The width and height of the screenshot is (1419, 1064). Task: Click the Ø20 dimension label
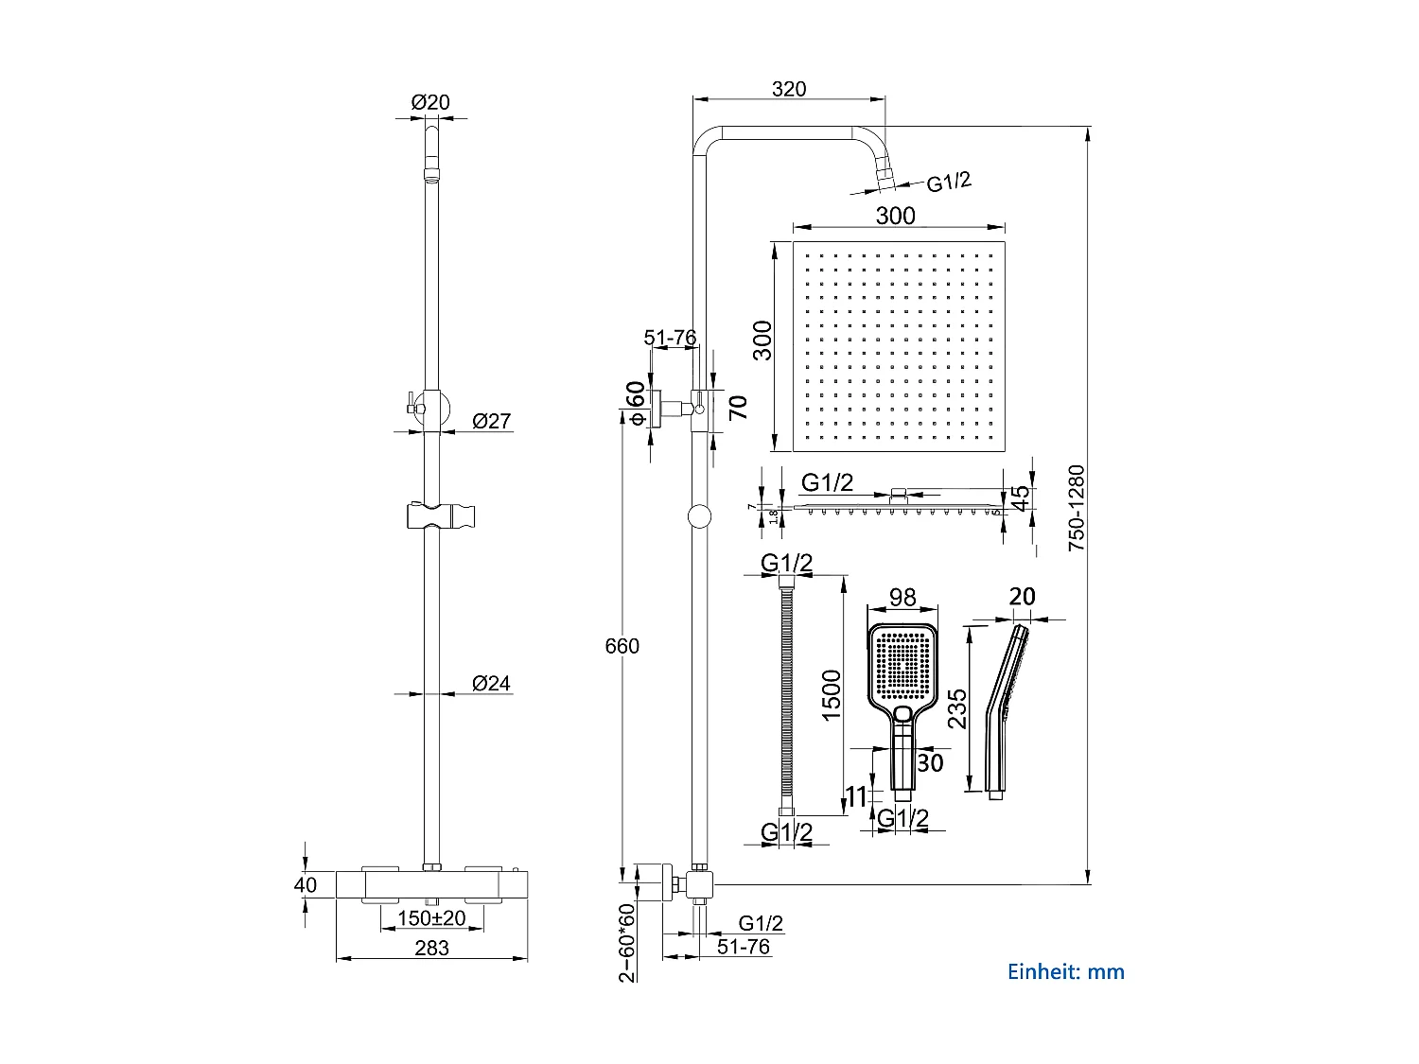430,102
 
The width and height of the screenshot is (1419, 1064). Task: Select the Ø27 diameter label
491,421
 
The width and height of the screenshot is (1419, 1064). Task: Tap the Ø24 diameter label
491,683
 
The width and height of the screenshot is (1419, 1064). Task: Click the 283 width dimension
431,948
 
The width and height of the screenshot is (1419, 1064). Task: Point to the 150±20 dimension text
431,918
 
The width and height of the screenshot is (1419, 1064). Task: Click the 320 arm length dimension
789,89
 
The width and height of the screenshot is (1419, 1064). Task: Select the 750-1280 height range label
1077,508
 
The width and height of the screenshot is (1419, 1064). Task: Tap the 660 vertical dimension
622,646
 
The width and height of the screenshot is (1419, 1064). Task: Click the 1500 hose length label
832,695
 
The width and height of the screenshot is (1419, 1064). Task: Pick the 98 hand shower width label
902,597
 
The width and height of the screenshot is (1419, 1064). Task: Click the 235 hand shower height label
957,708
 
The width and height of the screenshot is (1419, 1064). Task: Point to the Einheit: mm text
1065,971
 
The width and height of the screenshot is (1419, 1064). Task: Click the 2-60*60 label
627,943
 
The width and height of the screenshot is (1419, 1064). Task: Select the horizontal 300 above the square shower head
895,216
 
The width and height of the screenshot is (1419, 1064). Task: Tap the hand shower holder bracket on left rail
440,516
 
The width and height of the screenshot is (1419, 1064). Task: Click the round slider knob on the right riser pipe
699,515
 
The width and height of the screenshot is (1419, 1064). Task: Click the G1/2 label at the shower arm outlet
948,182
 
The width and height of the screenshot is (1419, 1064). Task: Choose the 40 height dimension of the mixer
306,885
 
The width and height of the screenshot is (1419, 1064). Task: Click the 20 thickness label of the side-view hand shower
1022,597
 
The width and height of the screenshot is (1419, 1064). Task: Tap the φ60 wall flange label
636,403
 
